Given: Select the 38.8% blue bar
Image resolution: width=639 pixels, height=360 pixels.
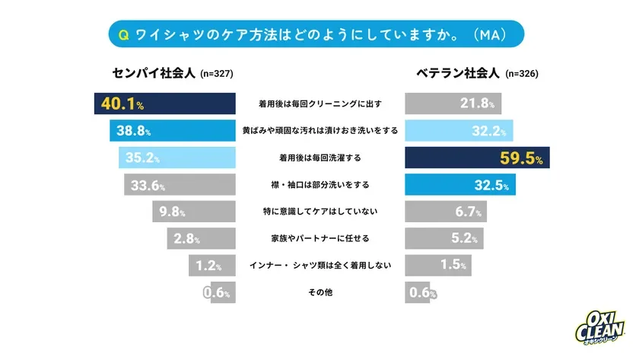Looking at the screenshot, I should [x=172, y=131].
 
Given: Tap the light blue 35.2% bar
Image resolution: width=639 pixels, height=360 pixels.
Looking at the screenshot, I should [x=176, y=158].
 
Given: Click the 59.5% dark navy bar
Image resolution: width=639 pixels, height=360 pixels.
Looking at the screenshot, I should [x=477, y=158].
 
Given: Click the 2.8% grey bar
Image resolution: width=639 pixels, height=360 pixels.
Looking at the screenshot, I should [x=201, y=238].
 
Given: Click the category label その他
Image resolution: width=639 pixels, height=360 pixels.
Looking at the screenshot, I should [x=319, y=292].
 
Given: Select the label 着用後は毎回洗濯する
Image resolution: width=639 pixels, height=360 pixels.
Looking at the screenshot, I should [x=319, y=158].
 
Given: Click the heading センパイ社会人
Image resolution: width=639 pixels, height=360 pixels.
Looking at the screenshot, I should [x=153, y=73].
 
